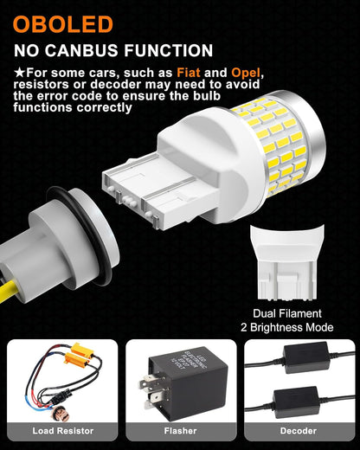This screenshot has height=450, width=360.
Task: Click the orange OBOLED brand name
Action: (x=62, y=24)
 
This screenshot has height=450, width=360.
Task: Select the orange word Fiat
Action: (x=189, y=73)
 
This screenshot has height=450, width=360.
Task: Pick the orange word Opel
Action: (x=246, y=73)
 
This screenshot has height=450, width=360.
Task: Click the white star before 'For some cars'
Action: (x=20, y=73)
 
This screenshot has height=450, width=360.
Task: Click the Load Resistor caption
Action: (x=63, y=431)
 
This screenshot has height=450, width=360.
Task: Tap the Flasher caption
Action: (x=180, y=431)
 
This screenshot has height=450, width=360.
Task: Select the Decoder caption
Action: (x=299, y=431)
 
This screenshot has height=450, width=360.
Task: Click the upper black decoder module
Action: (x=306, y=357)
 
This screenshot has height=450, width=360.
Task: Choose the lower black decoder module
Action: (x=297, y=402)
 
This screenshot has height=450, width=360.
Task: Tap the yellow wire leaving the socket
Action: (x=9, y=292)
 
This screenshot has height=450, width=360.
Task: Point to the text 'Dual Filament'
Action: (x=287, y=313)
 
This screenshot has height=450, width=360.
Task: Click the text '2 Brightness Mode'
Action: (x=287, y=327)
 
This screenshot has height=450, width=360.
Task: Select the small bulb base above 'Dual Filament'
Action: (x=286, y=262)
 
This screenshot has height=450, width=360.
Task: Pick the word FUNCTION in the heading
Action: (x=169, y=50)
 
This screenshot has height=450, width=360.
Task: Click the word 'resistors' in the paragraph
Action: (x=42, y=84)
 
